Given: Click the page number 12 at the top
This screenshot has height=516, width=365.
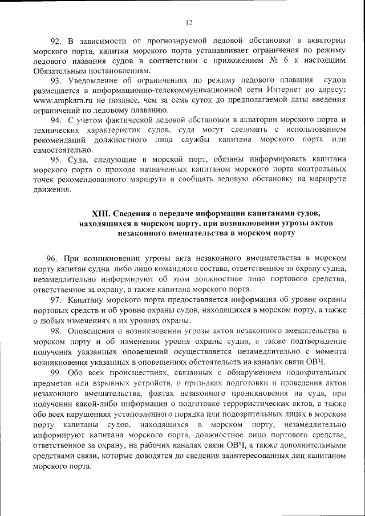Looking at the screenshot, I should point(189,23).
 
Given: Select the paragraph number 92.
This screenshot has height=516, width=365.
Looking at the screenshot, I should point(56,40).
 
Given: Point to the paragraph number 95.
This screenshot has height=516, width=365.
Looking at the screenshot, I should point(56,160).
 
